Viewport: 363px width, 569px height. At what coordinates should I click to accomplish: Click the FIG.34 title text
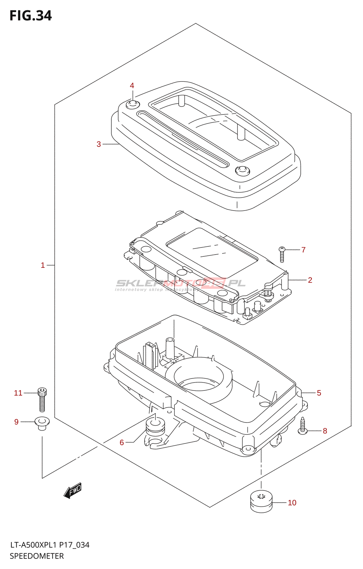point(31,16)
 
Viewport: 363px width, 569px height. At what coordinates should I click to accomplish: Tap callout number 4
point(132,86)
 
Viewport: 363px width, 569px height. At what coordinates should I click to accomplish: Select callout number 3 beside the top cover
point(99,144)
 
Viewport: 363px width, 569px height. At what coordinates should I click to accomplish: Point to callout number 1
point(43,265)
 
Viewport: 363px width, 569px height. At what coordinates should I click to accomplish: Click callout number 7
point(303,250)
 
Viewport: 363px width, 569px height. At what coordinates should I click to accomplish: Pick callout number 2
point(310,280)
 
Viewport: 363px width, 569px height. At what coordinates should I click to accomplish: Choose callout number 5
point(319,393)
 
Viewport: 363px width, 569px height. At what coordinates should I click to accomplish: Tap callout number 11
point(18,393)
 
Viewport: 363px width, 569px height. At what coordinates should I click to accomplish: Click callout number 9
point(16,422)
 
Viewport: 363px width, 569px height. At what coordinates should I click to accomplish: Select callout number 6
point(122,442)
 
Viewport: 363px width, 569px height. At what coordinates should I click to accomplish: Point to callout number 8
point(325,431)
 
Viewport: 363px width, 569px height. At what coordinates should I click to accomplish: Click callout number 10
point(292,503)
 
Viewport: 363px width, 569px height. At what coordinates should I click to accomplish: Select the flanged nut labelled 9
point(42,423)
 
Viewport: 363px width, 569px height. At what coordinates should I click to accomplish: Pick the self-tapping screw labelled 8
point(302,426)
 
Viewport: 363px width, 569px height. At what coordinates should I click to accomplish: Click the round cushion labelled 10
point(261,501)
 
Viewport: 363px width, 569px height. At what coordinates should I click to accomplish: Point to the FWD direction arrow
point(73,491)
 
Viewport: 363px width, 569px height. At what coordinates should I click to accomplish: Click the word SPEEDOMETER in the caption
point(37,556)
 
